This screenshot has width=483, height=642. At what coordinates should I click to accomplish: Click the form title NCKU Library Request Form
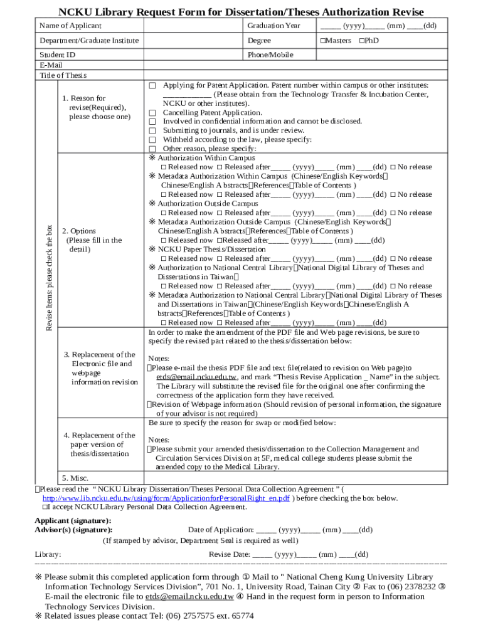241,12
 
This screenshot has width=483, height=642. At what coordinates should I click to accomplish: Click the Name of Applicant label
70,26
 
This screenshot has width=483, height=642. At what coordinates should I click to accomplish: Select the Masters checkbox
323,40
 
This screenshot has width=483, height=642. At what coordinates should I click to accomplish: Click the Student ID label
57,55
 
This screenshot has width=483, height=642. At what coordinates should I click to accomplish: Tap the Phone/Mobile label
270,55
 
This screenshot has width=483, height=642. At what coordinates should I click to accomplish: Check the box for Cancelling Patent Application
152,113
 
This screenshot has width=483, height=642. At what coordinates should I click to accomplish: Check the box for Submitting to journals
152,130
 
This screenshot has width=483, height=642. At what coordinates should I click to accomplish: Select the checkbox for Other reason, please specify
152,149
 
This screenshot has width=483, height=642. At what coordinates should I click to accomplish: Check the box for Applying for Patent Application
152,85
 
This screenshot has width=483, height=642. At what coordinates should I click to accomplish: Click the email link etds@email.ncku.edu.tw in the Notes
196,377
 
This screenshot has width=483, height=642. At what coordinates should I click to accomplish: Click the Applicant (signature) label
73,520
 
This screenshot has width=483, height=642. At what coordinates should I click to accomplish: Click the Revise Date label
230,554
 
